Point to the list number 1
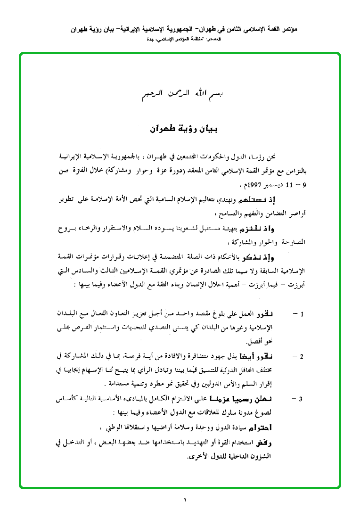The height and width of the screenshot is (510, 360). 303,313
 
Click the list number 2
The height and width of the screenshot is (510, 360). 303,357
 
